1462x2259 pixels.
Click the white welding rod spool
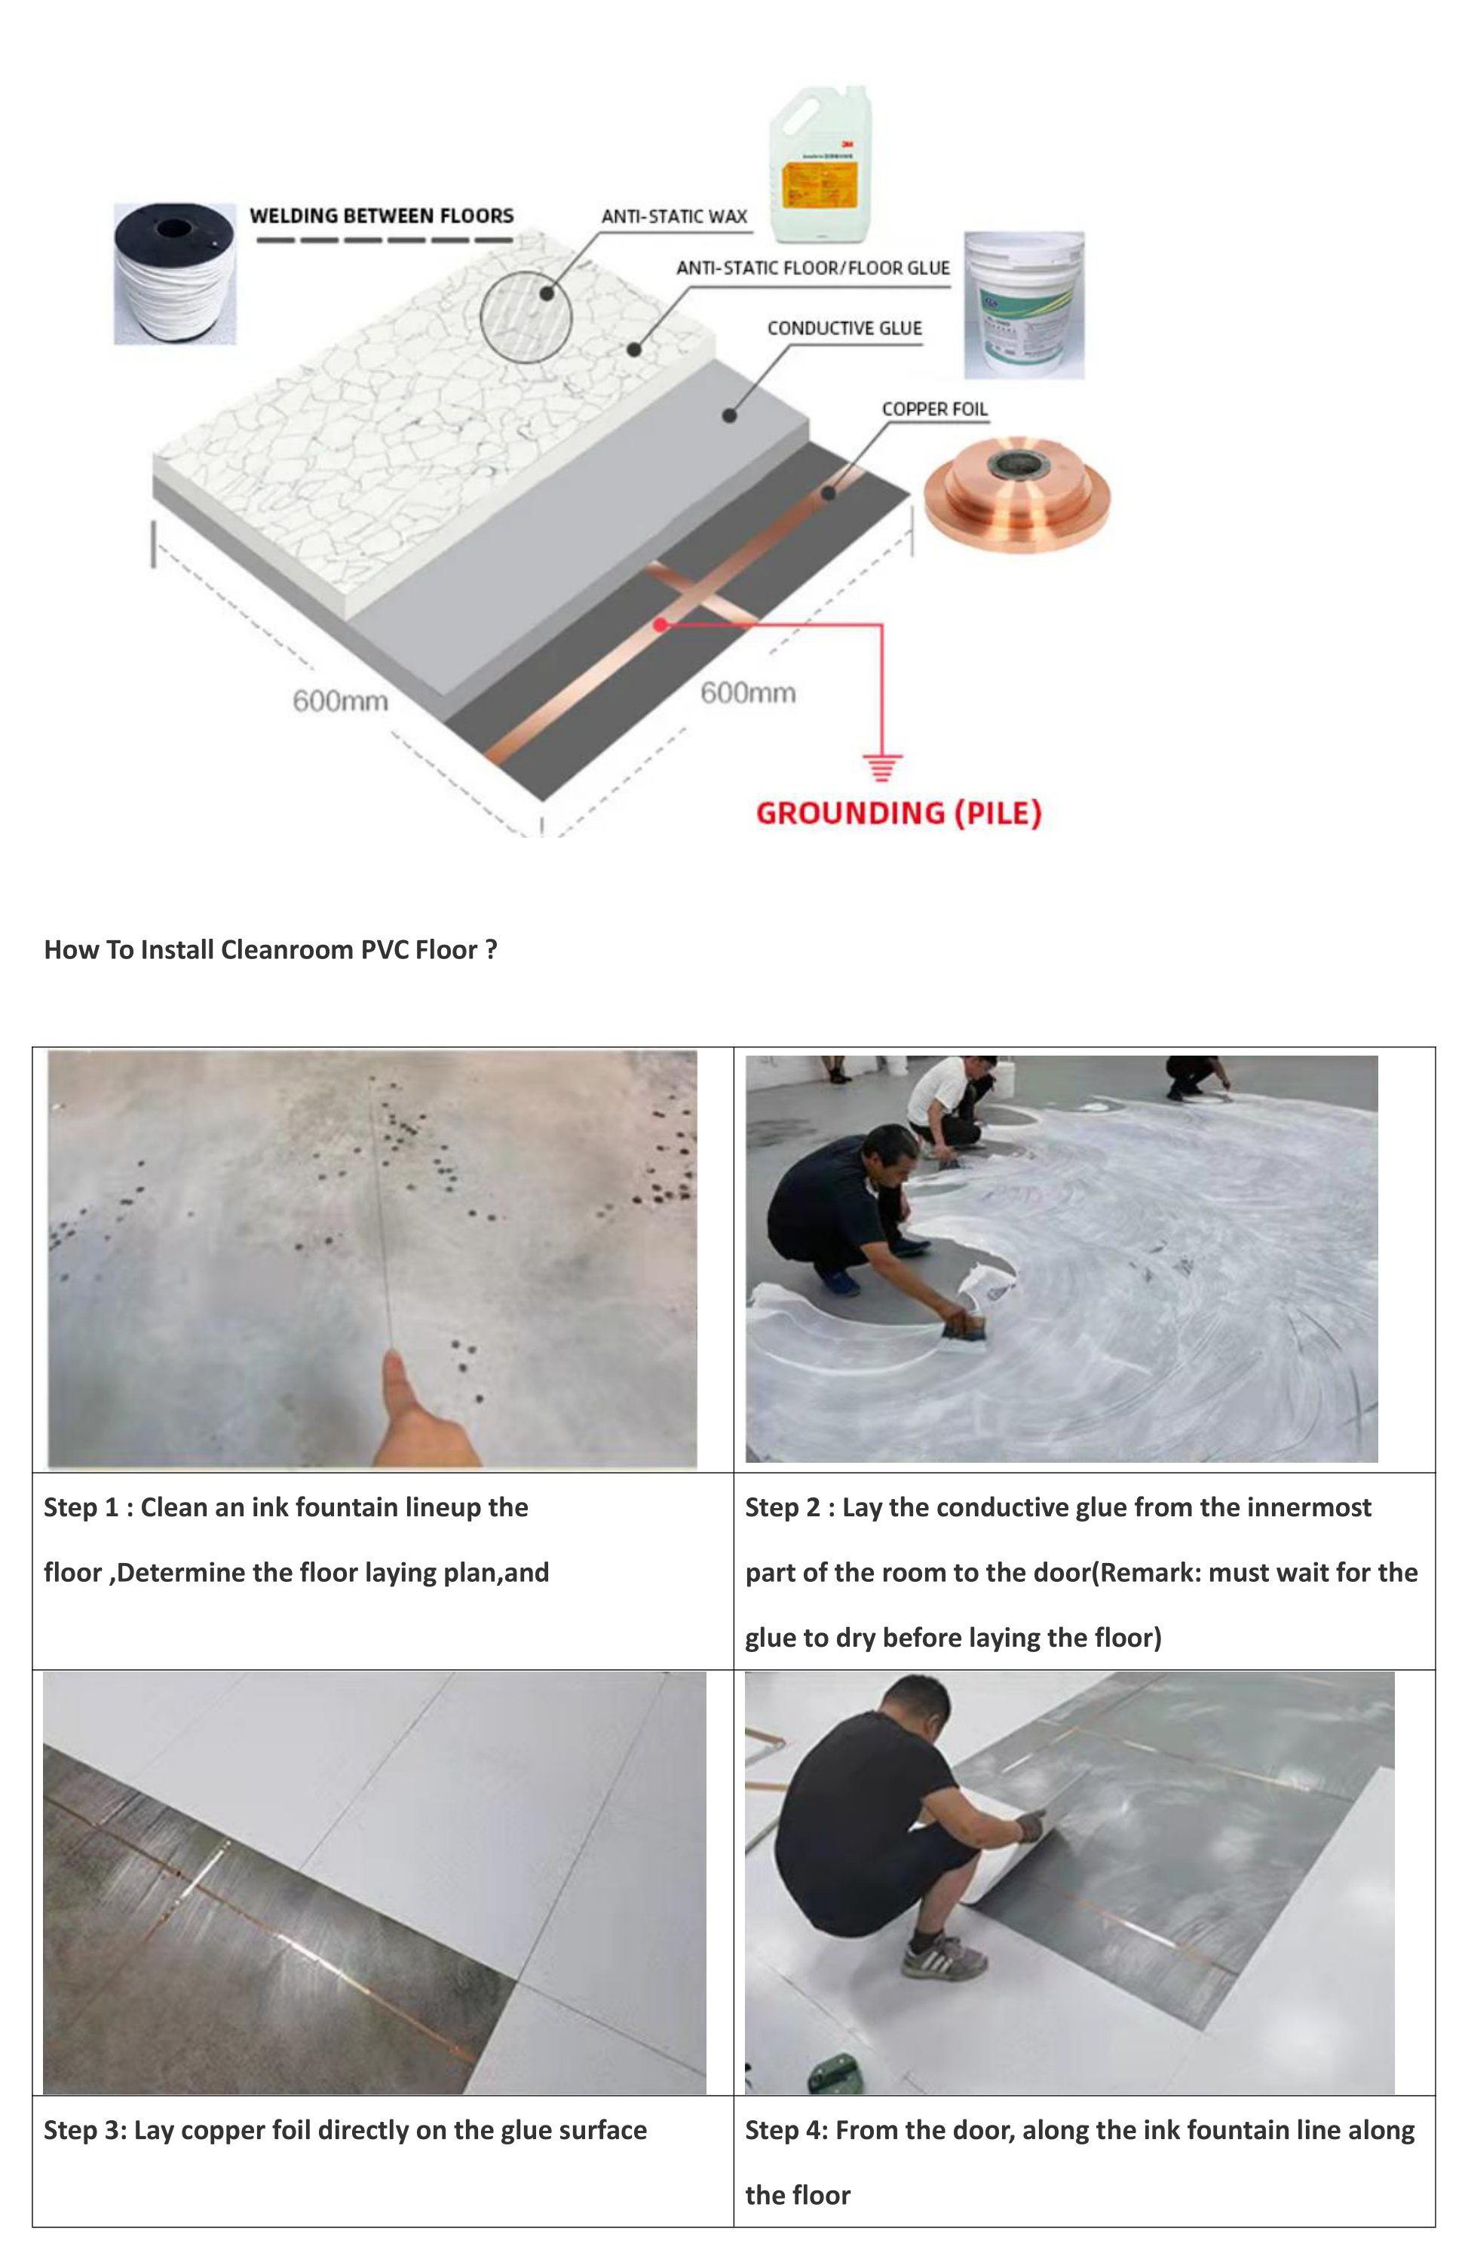pos(175,274)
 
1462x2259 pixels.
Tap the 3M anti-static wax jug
pos(818,166)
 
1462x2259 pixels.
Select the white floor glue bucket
pos(1023,305)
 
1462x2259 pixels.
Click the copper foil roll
pos(1016,494)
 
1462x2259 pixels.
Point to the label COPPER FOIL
pos(934,409)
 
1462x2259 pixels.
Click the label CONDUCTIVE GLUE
pos(844,329)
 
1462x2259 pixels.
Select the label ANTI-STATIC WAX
pos(674,216)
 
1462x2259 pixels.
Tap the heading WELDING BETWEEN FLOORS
pos(382,216)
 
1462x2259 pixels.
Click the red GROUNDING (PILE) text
pos(898,814)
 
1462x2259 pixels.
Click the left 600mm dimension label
pos(340,701)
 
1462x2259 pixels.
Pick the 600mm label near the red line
pos(748,693)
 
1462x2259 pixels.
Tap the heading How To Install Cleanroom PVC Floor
pos(271,950)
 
